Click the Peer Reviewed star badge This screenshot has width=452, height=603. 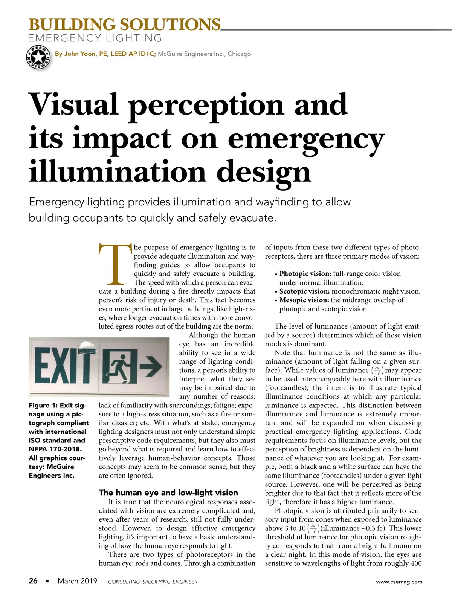(38, 57)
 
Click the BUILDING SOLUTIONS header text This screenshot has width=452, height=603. (124, 25)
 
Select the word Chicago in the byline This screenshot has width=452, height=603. (239, 54)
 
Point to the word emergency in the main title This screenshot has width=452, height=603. (306, 139)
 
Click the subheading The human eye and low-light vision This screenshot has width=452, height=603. (168, 493)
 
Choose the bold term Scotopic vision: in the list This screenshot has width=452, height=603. (304, 291)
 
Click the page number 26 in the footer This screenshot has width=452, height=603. (33, 581)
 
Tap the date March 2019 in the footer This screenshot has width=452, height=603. (77, 581)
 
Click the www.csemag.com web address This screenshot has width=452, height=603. (399, 582)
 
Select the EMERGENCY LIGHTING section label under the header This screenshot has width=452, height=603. (95, 38)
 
